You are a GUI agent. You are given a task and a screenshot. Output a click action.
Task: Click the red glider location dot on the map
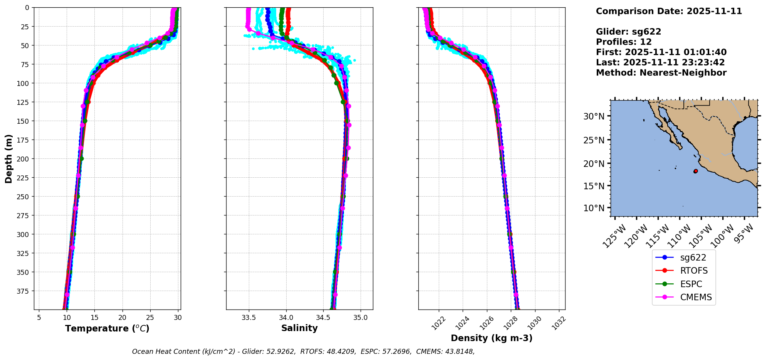[695, 171]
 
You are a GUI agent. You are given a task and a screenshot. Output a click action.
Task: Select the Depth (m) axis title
[9, 159]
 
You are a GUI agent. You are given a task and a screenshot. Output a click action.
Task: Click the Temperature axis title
[107, 328]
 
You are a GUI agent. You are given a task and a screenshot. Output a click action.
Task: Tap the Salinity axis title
[299, 328]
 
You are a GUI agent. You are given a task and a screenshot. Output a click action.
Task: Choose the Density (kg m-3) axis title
[492, 338]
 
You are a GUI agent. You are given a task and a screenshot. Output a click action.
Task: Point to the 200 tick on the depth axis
[23, 159]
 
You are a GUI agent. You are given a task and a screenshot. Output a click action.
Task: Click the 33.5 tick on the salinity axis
[249, 318]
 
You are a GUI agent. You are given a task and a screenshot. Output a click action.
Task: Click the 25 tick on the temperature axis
[150, 318]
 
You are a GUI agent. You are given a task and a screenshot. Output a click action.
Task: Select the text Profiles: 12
[624, 42]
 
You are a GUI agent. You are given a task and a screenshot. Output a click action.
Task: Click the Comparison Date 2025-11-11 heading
[669, 11]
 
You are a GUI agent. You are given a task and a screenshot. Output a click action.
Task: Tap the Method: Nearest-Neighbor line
[661, 73]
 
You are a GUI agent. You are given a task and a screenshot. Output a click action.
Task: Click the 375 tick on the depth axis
[23, 291]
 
